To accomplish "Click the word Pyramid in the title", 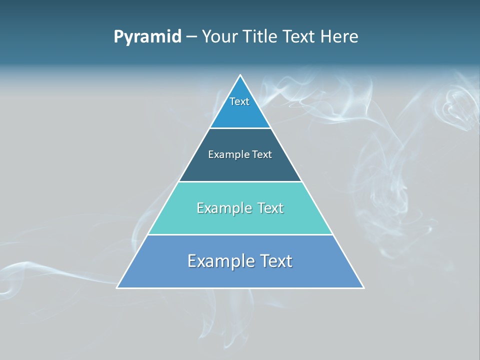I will [x=147, y=37].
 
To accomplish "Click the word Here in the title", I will [x=340, y=37].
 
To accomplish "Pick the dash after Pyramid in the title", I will [x=191, y=37].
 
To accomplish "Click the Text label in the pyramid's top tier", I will [x=239, y=101].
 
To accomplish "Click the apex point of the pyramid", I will [x=240, y=75].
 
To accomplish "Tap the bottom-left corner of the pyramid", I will [x=117, y=288].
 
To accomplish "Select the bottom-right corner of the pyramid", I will [x=363, y=288].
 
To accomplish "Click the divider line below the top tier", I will [x=240, y=128].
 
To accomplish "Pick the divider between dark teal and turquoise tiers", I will [x=240, y=181].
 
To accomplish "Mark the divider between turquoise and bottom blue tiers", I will [x=240, y=235].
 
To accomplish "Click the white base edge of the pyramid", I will [x=240, y=288].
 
